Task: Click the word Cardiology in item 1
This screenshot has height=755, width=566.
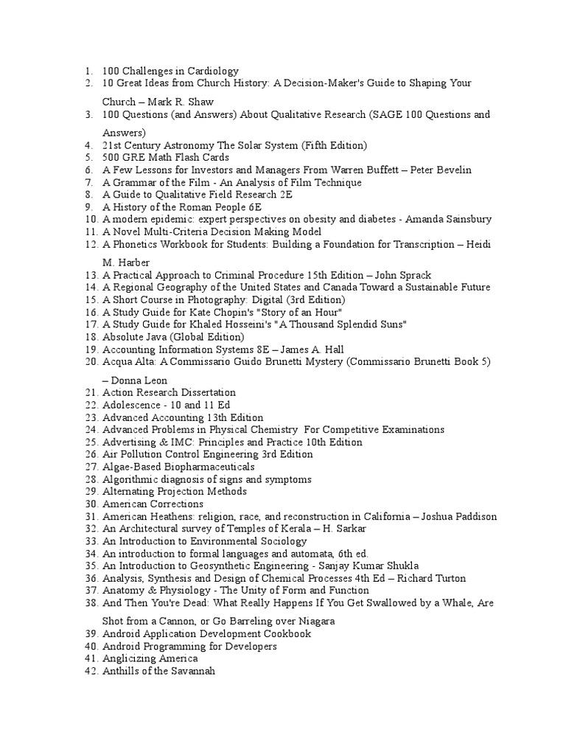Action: [x=214, y=71]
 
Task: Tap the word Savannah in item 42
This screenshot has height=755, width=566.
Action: [x=192, y=670]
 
